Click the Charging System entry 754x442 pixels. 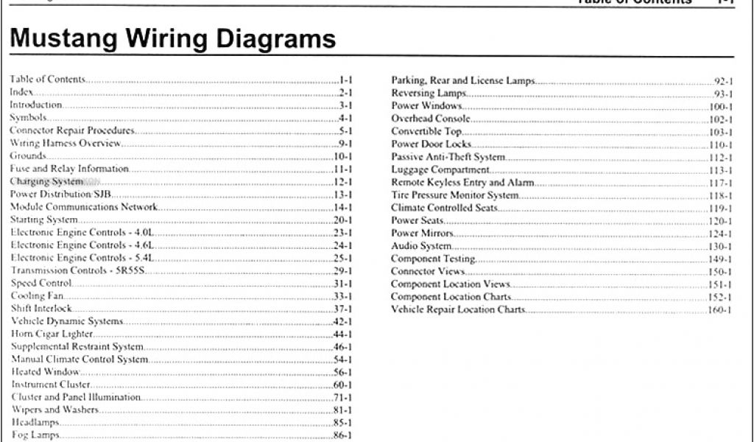tap(46, 181)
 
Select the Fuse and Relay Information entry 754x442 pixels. tap(59, 169)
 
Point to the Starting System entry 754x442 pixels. tap(43, 220)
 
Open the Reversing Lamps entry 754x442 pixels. tap(429, 94)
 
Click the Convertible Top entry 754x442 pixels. tap(426, 131)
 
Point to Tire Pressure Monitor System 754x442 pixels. tap(454, 195)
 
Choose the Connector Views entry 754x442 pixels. tap(428, 271)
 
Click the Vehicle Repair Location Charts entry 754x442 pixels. tap(458, 309)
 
